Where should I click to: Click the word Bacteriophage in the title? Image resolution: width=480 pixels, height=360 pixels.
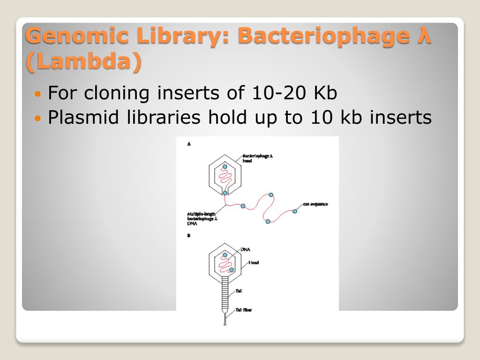pyautogui.click(x=323, y=37)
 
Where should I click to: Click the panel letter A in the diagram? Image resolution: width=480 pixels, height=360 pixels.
pyautogui.click(x=189, y=145)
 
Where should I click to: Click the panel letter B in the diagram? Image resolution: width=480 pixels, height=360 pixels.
pyautogui.click(x=188, y=236)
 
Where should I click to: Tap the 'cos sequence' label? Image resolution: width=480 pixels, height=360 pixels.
pyautogui.click(x=315, y=204)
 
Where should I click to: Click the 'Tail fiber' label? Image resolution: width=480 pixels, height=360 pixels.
pyautogui.click(x=244, y=309)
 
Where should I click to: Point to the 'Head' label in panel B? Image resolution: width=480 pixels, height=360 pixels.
pyautogui.click(x=254, y=262)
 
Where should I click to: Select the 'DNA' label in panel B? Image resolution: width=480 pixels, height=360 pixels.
pyautogui.click(x=245, y=249)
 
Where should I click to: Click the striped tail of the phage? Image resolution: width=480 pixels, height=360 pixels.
pyautogui.click(x=225, y=293)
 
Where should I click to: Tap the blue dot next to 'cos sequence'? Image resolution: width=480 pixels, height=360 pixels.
pyautogui.click(x=295, y=211)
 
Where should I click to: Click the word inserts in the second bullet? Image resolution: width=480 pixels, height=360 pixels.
pyautogui.click(x=400, y=117)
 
